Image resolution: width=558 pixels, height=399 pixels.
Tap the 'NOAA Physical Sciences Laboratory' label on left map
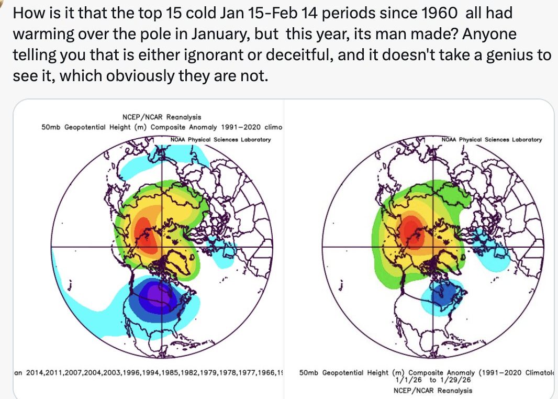221,139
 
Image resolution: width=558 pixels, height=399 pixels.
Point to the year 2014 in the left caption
37,372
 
